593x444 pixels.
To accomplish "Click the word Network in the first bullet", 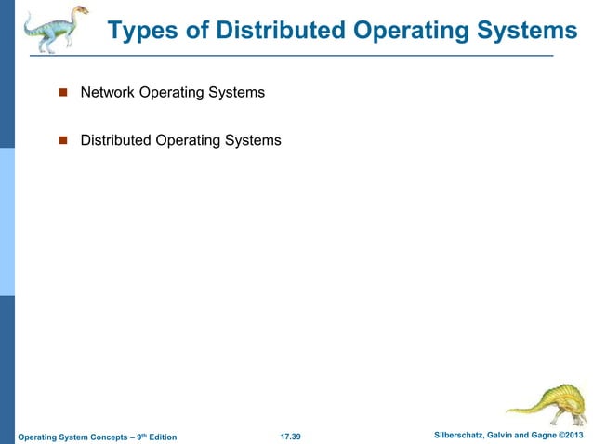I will tap(108, 92).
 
